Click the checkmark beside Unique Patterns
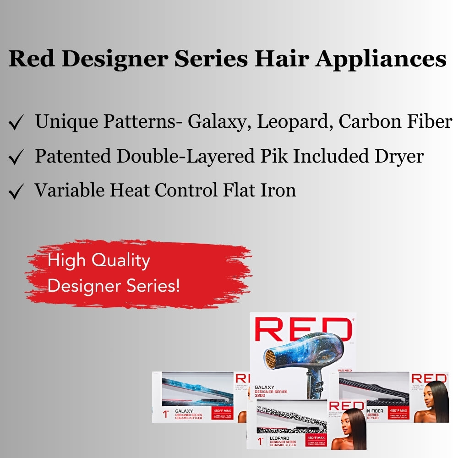point(16,123)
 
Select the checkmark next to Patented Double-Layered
point(16,158)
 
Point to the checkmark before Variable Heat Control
point(16,192)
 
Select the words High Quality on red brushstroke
point(98,261)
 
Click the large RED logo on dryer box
point(303,329)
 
